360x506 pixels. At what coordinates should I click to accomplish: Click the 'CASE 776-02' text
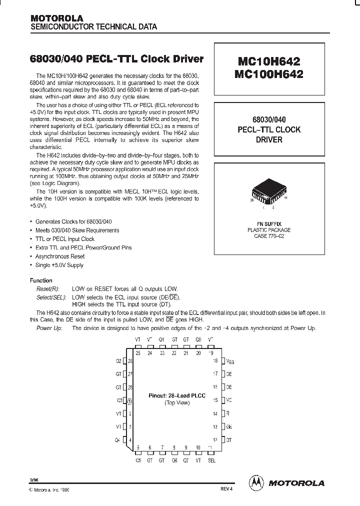coord(269,236)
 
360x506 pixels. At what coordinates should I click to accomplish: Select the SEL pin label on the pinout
coord(211,460)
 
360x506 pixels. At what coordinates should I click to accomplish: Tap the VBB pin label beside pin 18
coord(229,360)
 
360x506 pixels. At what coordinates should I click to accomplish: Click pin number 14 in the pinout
coord(215,413)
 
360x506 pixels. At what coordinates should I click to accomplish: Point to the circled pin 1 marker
coord(130,400)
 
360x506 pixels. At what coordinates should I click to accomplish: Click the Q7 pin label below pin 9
coord(186,460)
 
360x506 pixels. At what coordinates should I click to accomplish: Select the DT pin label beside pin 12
coord(229,439)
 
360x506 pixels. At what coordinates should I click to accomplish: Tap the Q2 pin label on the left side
coord(118,360)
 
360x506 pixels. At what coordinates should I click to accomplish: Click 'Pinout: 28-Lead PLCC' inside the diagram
coord(173,395)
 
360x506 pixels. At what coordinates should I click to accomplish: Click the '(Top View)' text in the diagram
coord(173,402)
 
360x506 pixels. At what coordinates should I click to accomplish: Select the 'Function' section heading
coord(41,280)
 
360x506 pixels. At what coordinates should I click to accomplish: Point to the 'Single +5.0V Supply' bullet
coord(59,265)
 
